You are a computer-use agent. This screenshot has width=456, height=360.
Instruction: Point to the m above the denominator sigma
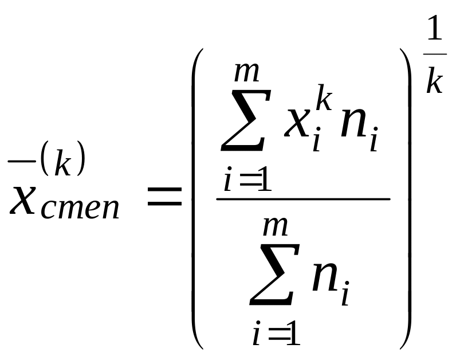275,226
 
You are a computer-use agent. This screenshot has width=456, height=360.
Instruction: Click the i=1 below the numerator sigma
246,182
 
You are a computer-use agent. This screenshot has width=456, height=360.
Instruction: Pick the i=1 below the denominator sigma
276,334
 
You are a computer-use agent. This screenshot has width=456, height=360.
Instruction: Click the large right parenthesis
406,198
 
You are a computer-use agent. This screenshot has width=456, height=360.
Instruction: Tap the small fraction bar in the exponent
435,54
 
